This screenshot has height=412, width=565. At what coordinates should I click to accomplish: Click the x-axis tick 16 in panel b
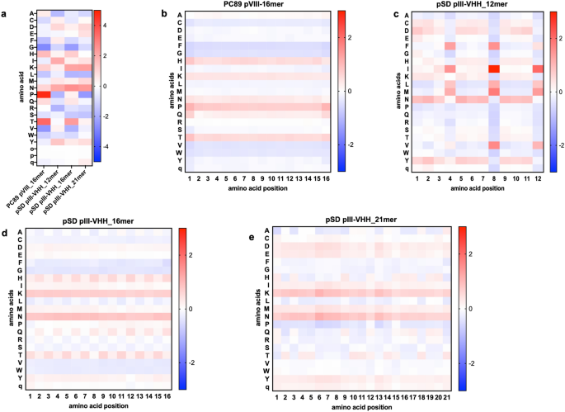pyautogui.click(x=326, y=178)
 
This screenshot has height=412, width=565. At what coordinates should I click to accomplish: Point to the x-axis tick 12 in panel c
pyautogui.click(x=538, y=178)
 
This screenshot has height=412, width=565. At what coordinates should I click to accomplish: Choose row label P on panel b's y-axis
pyautogui.click(x=179, y=107)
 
